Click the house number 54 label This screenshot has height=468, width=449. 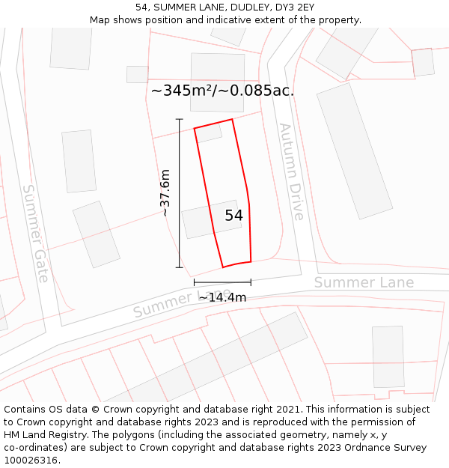[x=233, y=216]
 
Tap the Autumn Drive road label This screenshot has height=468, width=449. [x=291, y=171]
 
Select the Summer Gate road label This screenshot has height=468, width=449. [x=35, y=233]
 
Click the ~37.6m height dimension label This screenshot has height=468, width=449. [x=165, y=193]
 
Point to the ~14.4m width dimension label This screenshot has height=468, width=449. [x=222, y=297]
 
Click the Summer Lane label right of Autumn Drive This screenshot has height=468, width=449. [x=364, y=282]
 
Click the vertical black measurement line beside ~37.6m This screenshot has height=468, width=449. [x=180, y=193]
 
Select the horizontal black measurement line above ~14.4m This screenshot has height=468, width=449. [x=222, y=282]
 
